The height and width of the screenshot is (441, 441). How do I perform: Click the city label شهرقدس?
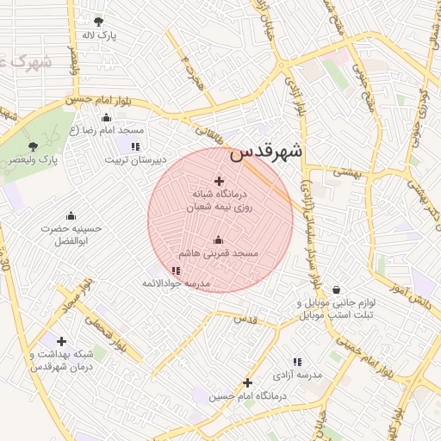[x=266, y=152]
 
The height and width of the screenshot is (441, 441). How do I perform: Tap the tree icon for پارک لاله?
[x=99, y=22]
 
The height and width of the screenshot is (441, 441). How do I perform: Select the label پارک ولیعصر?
[x=34, y=160]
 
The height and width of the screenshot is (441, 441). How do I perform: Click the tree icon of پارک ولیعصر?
[x=34, y=146]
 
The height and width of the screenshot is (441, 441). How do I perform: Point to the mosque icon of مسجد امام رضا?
[x=107, y=116]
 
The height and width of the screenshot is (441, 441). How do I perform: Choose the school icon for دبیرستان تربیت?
[x=134, y=146]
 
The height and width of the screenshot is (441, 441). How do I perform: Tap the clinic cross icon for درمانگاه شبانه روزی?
[x=218, y=181]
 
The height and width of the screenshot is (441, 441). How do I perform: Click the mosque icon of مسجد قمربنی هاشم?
[x=218, y=240]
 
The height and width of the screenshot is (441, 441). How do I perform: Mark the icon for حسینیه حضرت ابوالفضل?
[x=71, y=214]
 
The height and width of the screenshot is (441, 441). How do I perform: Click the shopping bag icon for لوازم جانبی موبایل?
[x=335, y=290]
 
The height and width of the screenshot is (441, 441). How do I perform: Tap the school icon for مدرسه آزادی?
[x=298, y=362]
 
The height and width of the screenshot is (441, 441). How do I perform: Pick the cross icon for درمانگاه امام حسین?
[x=247, y=382]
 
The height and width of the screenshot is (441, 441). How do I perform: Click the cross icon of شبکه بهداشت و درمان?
[x=61, y=342]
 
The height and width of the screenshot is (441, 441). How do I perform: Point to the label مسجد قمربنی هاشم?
[x=218, y=254]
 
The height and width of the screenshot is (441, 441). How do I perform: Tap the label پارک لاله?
[x=99, y=35]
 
